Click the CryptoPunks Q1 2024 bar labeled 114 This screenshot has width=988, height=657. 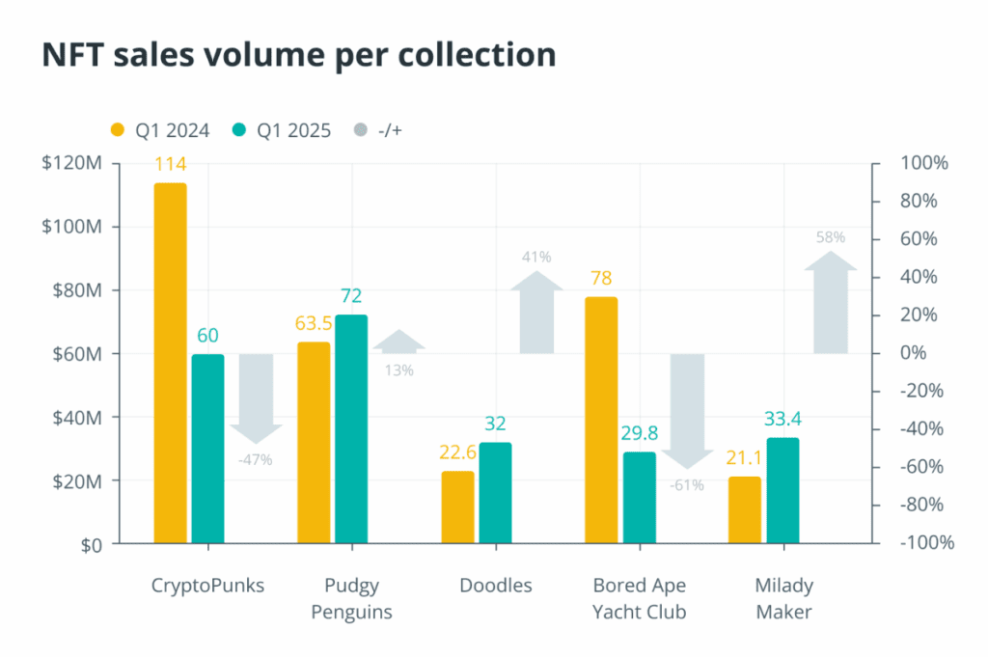coord(170,363)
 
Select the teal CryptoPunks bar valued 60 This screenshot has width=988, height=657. coord(207,449)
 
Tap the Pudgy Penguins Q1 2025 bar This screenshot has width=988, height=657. coord(351,429)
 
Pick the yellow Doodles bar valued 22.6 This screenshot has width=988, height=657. coord(457,507)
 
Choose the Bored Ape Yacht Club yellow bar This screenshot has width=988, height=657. coord(601,421)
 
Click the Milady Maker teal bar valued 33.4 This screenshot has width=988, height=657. coord(782,491)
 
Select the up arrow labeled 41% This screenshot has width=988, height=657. coord(536,313)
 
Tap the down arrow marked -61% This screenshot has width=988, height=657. coord(688,410)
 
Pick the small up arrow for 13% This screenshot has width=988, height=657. coord(398,342)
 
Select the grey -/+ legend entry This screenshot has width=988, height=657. coord(376,130)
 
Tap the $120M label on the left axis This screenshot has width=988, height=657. coord(71,163)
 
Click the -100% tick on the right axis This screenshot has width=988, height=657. coord(926,543)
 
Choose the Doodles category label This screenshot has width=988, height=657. coord(495,586)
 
